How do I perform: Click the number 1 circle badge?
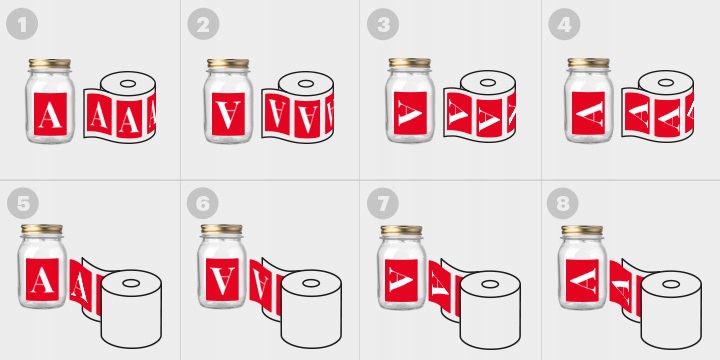(x=22, y=24)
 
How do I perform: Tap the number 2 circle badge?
(x=203, y=24)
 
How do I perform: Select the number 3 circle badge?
(x=382, y=24)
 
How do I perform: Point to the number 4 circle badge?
(x=564, y=24)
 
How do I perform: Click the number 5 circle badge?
(x=22, y=203)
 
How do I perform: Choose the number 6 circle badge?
(x=202, y=203)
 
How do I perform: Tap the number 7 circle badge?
(x=383, y=203)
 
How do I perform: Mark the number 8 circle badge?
(x=562, y=203)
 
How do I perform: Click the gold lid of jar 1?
(x=50, y=64)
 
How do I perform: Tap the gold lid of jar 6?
(x=222, y=229)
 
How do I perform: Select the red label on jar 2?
(x=228, y=114)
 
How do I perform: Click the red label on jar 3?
(x=410, y=113)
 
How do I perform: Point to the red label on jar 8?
(x=582, y=280)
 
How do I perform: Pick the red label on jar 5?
(x=42, y=280)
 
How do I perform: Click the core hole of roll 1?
(x=128, y=84)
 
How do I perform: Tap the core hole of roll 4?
(x=666, y=83)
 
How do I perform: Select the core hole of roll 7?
(x=490, y=284)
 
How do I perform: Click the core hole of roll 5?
(x=131, y=283)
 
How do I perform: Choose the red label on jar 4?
(x=588, y=113)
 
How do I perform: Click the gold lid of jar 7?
(x=402, y=230)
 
